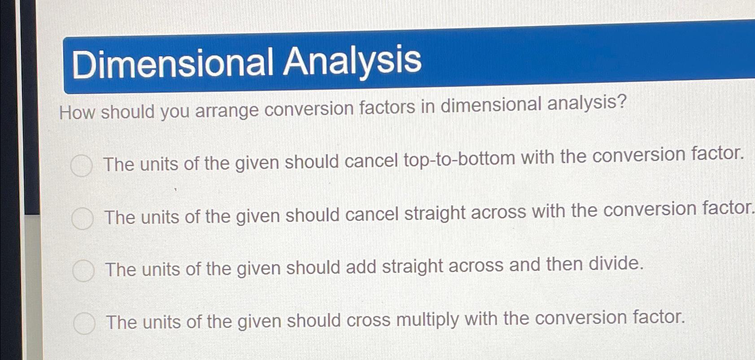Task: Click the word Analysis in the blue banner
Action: click(352, 61)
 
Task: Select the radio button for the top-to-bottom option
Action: click(82, 165)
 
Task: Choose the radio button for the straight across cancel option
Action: click(83, 218)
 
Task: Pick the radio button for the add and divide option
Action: click(83, 271)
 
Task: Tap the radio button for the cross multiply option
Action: click(84, 323)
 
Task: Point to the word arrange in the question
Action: click(227, 110)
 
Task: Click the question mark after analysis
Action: click(621, 103)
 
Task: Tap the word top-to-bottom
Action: click(459, 159)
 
